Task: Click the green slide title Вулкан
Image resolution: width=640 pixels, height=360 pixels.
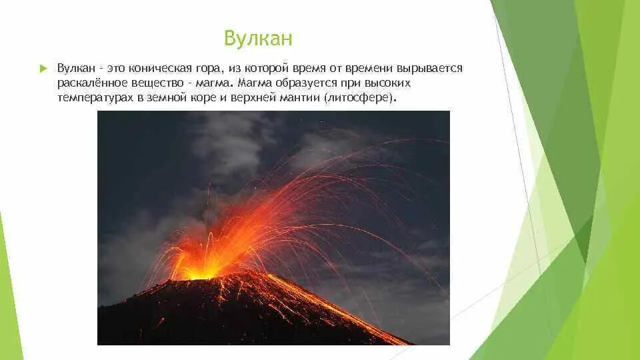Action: point(258,39)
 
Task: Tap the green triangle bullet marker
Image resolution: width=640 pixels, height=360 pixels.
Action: point(44,69)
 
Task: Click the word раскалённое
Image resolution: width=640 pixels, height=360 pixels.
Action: point(92,83)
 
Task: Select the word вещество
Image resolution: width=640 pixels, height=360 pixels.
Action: point(157,83)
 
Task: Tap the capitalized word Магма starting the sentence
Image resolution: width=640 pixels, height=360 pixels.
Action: point(255,83)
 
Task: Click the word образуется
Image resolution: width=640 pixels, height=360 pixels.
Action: point(307,83)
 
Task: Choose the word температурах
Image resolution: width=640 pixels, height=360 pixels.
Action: point(95,99)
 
